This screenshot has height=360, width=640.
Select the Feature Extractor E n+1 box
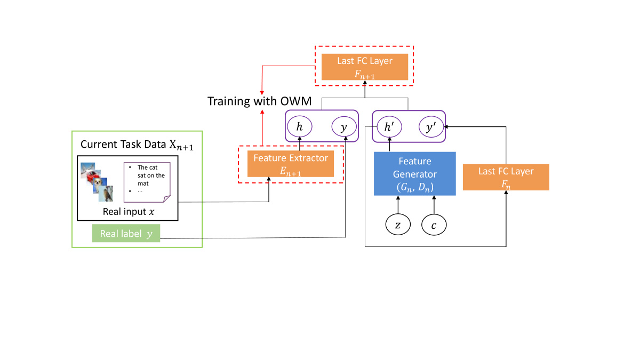pyautogui.click(x=291, y=164)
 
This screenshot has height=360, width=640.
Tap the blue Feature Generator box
pyautogui.click(x=414, y=173)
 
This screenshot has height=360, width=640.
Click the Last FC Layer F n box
pyautogui.click(x=506, y=177)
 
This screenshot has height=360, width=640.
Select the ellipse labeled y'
pyautogui.click(x=430, y=128)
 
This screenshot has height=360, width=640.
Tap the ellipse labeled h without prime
pyautogui.click(x=301, y=128)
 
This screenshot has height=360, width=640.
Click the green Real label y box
pyautogui.click(x=126, y=234)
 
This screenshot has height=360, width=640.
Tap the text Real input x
pyautogui.click(x=128, y=212)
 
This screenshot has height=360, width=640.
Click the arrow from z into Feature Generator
pyautogui.click(x=397, y=205)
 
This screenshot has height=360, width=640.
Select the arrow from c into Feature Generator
pyautogui.click(x=434, y=205)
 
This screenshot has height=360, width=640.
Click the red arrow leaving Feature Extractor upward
pyautogui.click(x=262, y=131)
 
